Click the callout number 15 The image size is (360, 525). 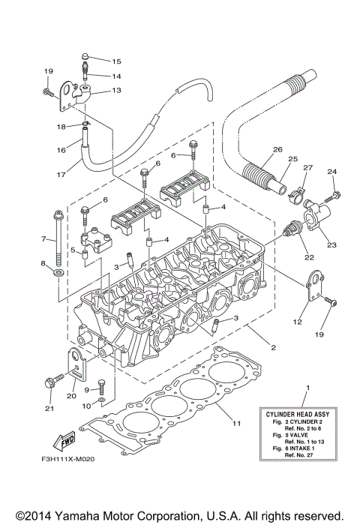pyautogui.click(x=116, y=61)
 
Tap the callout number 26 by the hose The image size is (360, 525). pyautogui.click(x=277, y=150)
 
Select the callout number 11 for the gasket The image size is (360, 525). pyautogui.click(x=236, y=424)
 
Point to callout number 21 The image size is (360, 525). pyautogui.click(x=50, y=409)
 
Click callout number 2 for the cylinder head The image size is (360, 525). pyautogui.click(x=274, y=347)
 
